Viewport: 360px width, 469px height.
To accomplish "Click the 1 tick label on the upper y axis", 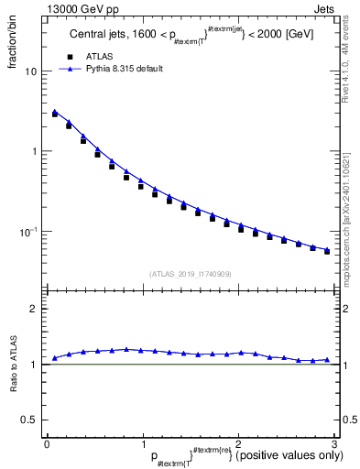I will [x=35, y=151].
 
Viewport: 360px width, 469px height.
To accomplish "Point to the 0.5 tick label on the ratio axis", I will [x=30, y=420].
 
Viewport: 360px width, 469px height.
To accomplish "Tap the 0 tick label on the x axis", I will [x=46, y=443].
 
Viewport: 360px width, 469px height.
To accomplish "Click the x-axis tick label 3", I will [x=334, y=443].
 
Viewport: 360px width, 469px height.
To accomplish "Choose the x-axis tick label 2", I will [x=238, y=443].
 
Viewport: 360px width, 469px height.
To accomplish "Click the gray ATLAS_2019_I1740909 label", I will [x=190, y=273].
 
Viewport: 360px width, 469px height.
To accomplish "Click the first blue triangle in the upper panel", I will [x=55, y=112].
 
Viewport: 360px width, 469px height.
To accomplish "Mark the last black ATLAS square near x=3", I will [x=327, y=251].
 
